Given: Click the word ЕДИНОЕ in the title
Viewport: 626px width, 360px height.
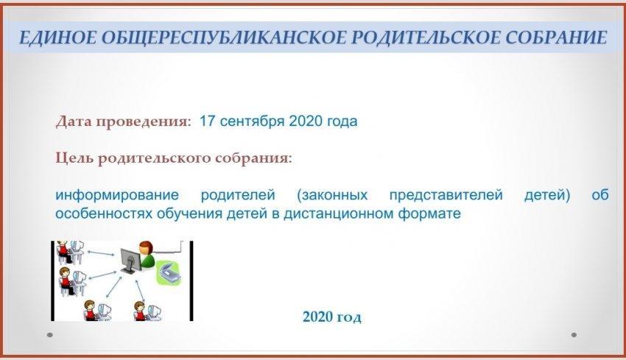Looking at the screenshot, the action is pyautogui.click(x=57, y=38).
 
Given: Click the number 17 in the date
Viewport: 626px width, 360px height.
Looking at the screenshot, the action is pyautogui.click(x=207, y=121).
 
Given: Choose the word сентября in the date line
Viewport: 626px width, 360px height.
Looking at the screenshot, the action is pyautogui.click(x=252, y=121).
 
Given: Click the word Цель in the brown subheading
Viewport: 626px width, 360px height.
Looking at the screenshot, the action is pyautogui.click(x=74, y=158).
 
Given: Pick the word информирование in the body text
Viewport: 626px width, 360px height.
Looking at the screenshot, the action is pyautogui.click(x=117, y=195).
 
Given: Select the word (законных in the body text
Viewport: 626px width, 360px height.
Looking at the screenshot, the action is pyautogui.click(x=332, y=195).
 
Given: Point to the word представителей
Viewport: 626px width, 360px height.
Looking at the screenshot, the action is pyautogui.click(x=446, y=195).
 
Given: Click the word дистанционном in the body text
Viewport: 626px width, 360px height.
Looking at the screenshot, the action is pyautogui.click(x=338, y=213).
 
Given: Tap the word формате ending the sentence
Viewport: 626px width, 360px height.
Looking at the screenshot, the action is pyautogui.click(x=429, y=213).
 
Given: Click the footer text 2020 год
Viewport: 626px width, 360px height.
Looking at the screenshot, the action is pyautogui.click(x=331, y=317).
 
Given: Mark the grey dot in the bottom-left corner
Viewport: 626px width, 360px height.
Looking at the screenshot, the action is pyautogui.click(x=50, y=335).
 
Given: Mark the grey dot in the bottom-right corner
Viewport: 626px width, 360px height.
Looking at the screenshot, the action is pyautogui.click(x=574, y=335).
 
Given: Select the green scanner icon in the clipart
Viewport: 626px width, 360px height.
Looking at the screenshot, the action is pyautogui.click(x=169, y=272).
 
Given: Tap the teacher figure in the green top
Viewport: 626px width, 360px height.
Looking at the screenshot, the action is pyautogui.click(x=147, y=254).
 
